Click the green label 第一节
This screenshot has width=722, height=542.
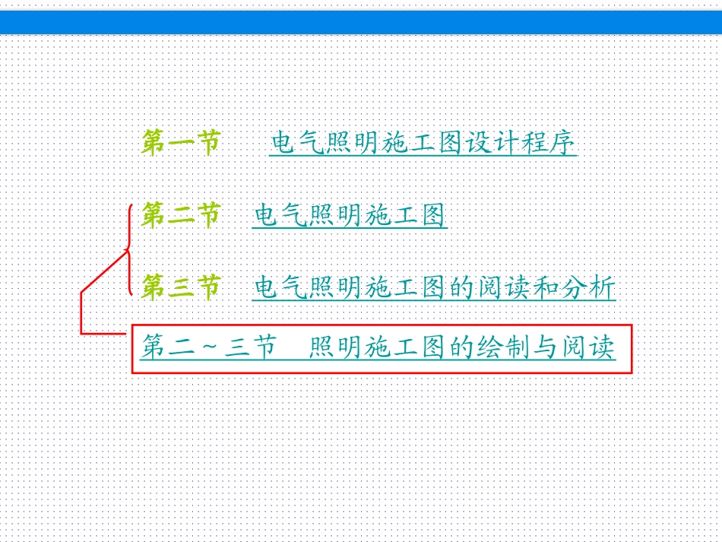pyautogui.click(x=181, y=142)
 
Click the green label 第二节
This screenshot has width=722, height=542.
pyautogui.click(x=181, y=215)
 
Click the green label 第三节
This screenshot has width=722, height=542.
pyautogui.click(x=181, y=287)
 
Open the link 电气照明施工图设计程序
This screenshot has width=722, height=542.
pyautogui.click(x=423, y=143)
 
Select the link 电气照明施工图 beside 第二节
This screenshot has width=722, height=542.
pyautogui.click(x=350, y=216)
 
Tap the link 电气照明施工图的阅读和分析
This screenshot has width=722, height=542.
pyautogui.click(x=433, y=287)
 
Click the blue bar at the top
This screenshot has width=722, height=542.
pyautogui.click(x=361, y=22)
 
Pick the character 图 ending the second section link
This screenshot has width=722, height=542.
pyautogui.click(x=433, y=216)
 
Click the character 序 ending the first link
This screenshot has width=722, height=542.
pyautogui.click(x=565, y=143)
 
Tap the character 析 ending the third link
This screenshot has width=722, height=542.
pyautogui.click(x=603, y=287)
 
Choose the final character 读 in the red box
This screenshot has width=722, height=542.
pyautogui.click(x=603, y=349)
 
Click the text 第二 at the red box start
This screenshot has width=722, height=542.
pyautogui.click(x=168, y=349)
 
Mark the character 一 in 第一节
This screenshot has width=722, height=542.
pyautogui.click(x=181, y=142)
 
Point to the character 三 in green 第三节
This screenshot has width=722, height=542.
pyautogui.click(x=181, y=287)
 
